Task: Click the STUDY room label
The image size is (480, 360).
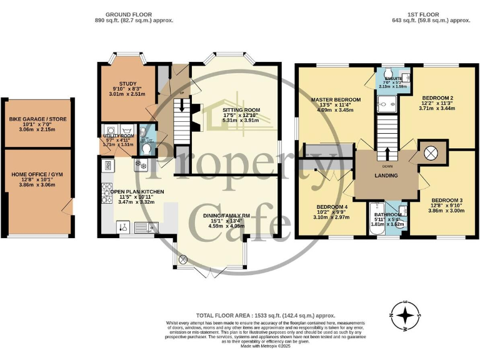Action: pos(128,83)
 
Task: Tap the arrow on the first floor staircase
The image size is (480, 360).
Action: pos(386,152)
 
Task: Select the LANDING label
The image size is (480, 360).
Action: pos(386,176)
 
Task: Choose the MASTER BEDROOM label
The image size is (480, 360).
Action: pos(336,100)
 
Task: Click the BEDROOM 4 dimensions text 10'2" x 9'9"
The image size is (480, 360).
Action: pos(332,212)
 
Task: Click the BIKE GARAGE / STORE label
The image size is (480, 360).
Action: pos(37,119)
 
